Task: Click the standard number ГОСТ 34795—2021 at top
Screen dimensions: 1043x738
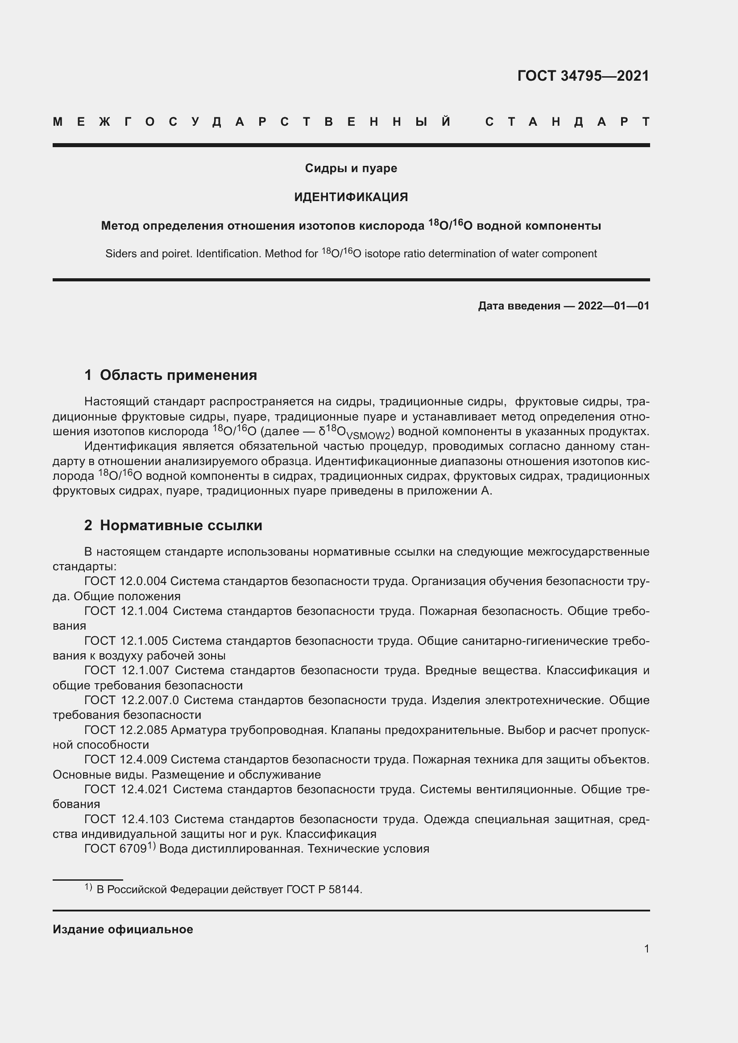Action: click(583, 76)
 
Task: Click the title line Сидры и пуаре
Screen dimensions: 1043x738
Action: click(351, 168)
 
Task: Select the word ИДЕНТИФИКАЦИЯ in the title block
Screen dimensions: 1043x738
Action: click(351, 197)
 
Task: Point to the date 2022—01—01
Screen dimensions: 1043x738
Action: click(614, 306)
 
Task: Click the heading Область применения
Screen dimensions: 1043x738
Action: click(178, 375)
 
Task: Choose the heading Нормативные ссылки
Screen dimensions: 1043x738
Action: click(181, 526)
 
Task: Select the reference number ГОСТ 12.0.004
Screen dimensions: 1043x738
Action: click(125, 581)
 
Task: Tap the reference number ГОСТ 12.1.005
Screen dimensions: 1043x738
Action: click(125, 641)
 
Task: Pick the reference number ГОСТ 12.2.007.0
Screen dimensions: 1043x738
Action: click(131, 701)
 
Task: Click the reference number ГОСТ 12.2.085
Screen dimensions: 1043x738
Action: click(125, 730)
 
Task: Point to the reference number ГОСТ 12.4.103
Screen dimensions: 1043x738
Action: click(126, 819)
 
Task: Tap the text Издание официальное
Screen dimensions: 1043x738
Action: click(123, 929)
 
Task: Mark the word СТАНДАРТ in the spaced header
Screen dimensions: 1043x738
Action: click(567, 122)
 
